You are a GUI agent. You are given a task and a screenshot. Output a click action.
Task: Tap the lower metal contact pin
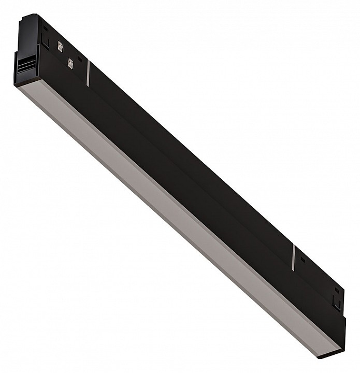click(x=70, y=64)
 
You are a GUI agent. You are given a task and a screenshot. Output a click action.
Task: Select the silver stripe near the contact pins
click(x=89, y=73)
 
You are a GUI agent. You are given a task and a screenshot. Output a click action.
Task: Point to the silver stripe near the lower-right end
click(x=293, y=257)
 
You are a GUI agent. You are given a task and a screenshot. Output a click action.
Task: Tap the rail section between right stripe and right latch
click(x=316, y=275)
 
